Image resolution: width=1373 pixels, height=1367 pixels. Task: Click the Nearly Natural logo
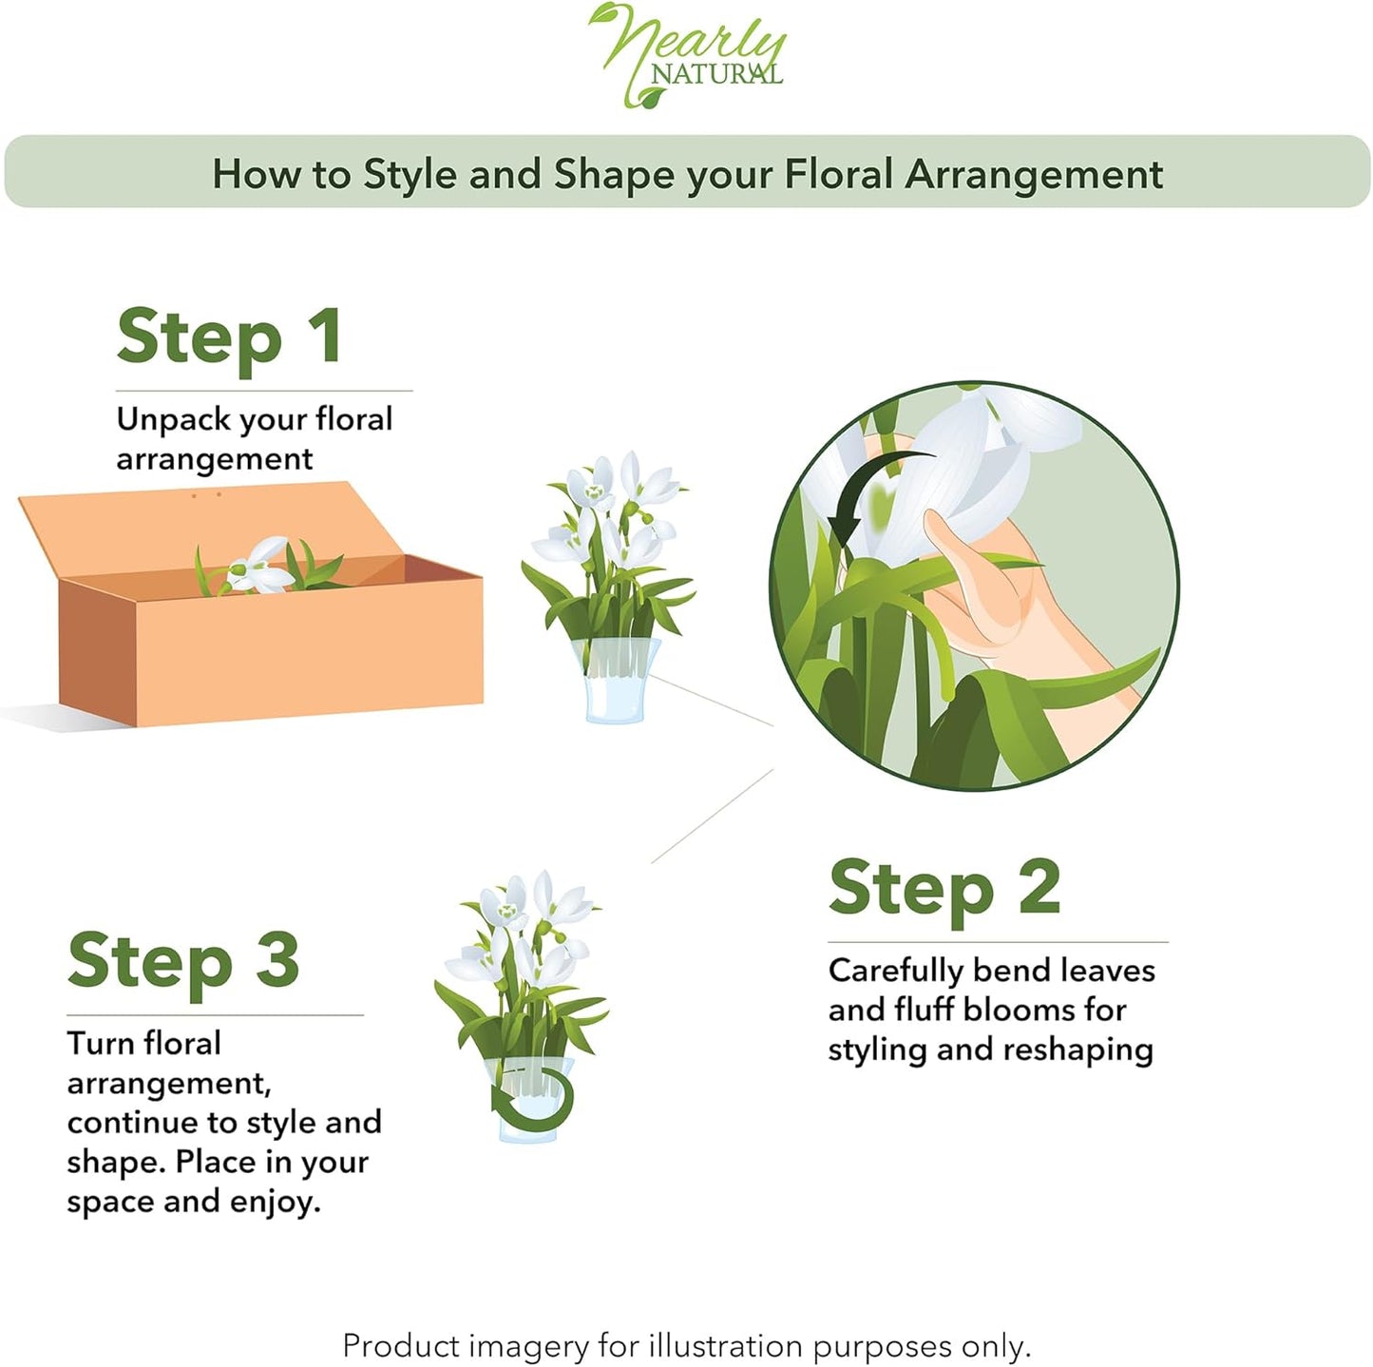(x=686, y=56)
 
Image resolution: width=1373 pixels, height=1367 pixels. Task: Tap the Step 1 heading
(x=229, y=338)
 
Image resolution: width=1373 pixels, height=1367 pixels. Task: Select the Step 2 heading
(x=944, y=891)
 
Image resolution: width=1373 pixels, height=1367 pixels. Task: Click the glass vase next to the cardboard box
(x=616, y=681)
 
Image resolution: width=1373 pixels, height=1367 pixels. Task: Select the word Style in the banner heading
(x=410, y=175)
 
